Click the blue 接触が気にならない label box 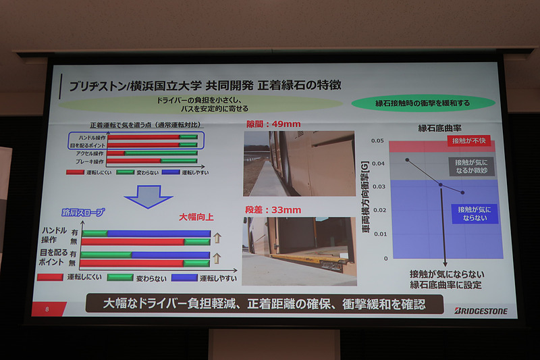pos(476,214)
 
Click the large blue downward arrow pos(149,197)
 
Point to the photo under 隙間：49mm pos(298,163)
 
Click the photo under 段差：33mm pos(298,250)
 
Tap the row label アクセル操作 pos(90,153)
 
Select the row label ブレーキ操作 pos(90,161)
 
